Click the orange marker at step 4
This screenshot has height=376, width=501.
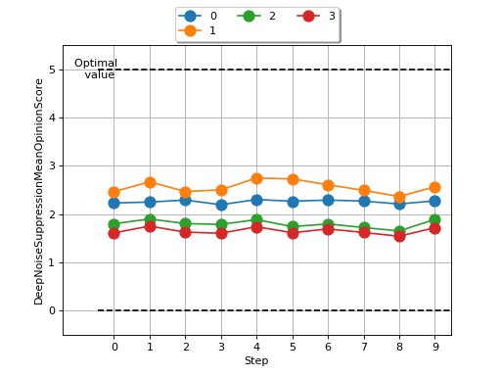[256, 178]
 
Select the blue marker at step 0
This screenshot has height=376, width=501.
[114, 203]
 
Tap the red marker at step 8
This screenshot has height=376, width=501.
[399, 236]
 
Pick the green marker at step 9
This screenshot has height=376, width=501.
[434, 220]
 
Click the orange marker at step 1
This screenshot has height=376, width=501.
[150, 182]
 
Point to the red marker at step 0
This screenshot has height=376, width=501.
[114, 233]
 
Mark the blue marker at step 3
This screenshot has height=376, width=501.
[221, 205]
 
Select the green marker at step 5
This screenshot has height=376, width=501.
[293, 227]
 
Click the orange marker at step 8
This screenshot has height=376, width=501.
[399, 197]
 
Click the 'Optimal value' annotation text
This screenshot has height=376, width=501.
[96, 69]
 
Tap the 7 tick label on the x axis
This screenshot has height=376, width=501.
[364, 347]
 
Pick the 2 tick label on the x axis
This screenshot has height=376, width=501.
[185, 347]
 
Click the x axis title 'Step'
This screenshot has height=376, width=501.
[256, 361]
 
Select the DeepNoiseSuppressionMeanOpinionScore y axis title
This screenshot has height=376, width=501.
[40, 190]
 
